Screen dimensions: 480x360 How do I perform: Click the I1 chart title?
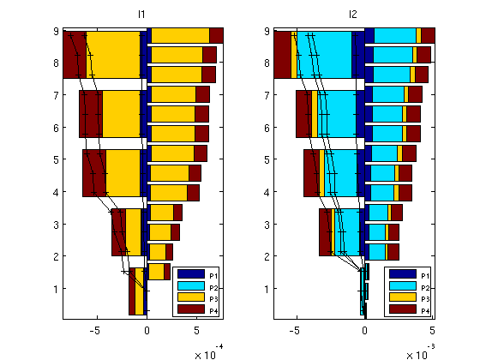click(141, 15)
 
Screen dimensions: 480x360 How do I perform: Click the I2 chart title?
click(352, 15)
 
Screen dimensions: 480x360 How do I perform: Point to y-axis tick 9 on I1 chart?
click(56, 31)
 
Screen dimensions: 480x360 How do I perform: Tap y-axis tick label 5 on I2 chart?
click(267, 159)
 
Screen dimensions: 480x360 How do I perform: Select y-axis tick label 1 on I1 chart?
click(56, 289)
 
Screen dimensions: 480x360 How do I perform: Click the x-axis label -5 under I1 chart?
click(95, 331)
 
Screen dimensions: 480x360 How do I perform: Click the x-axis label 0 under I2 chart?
click(364, 331)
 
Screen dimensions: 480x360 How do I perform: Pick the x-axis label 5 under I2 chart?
click(432, 331)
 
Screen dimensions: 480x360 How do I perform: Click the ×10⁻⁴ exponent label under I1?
click(209, 352)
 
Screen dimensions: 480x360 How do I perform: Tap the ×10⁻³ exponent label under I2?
click(421, 352)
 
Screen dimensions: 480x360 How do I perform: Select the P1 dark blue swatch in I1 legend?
click(191, 273)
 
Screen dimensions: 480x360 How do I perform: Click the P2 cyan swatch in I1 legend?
click(191, 285)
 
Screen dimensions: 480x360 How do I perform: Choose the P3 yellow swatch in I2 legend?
click(403, 297)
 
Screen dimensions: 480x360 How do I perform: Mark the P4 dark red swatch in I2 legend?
click(403, 309)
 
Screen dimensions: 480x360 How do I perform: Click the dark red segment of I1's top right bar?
click(216, 35)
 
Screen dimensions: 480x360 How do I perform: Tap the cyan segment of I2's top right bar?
click(395, 35)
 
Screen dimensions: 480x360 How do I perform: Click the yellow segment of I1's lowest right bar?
click(156, 272)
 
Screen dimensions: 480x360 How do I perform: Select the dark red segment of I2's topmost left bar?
click(282, 55)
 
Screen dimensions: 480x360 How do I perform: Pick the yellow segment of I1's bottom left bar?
click(139, 291)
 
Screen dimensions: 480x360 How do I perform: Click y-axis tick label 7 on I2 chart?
click(267, 95)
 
